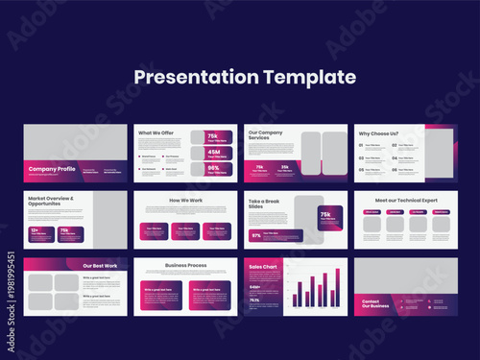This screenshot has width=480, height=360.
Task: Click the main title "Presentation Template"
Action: [x=244, y=77]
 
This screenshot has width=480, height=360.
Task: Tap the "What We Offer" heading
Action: [x=155, y=133]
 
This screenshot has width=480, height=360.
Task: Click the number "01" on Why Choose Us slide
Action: [x=361, y=146]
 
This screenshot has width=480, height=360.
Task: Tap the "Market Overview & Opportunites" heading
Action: [x=51, y=201]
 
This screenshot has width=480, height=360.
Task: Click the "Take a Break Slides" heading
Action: [x=266, y=204]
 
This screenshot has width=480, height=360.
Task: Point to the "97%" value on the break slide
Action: [x=256, y=234]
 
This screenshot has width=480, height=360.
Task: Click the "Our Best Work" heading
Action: [x=99, y=265]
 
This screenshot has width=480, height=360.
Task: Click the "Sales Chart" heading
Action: [x=262, y=266]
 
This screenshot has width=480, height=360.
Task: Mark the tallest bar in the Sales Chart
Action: [x=337, y=287]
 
